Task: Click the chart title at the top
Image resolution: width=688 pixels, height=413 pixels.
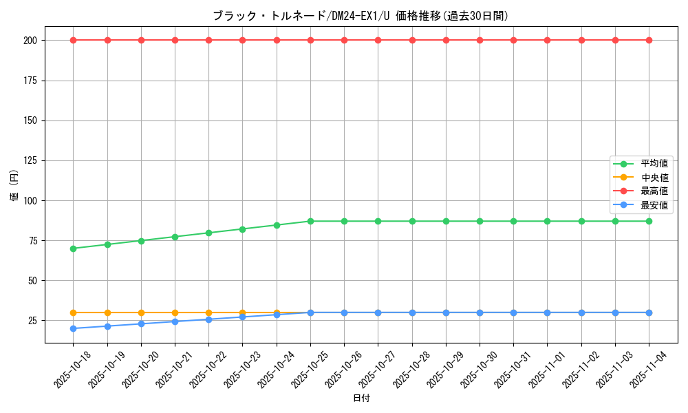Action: click(x=361, y=16)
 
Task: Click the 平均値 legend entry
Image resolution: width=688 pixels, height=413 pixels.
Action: click(x=654, y=164)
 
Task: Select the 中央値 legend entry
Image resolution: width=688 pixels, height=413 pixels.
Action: click(x=654, y=178)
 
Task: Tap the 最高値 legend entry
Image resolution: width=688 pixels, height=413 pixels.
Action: click(x=654, y=191)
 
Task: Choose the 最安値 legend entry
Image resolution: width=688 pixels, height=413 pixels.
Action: click(x=654, y=204)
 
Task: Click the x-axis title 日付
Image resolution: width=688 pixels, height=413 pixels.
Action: click(x=361, y=399)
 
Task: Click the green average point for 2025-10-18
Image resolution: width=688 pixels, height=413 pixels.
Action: click(x=74, y=248)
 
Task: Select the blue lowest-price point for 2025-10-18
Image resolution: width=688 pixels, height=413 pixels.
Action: click(x=74, y=328)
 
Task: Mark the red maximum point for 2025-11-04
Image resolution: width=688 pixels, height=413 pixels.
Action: click(x=649, y=40)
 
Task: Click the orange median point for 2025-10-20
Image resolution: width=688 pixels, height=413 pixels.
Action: click(x=141, y=313)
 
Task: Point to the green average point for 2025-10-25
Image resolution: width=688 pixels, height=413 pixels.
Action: click(x=310, y=221)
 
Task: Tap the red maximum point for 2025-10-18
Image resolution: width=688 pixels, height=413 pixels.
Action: click(x=74, y=40)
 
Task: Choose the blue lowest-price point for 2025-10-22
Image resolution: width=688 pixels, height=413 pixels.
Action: click(x=209, y=319)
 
